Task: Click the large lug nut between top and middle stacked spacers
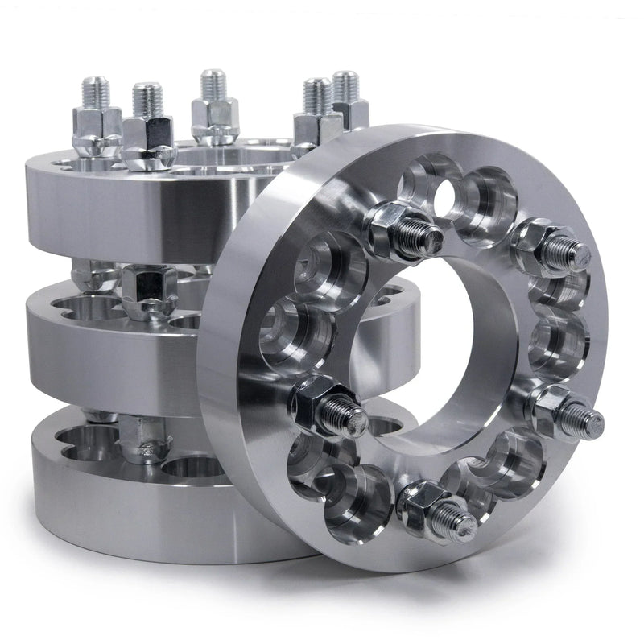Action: coord(150,290)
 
